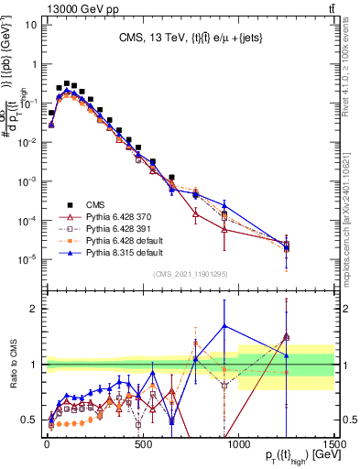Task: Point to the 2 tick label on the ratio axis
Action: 33,309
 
